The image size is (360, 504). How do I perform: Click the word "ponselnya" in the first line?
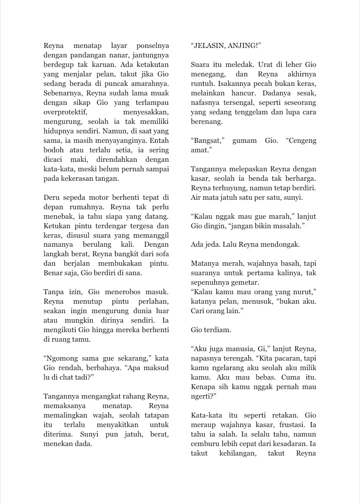pyautogui.click(x=150, y=46)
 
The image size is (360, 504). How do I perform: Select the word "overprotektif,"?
pyautogui.click(x=65, y=112)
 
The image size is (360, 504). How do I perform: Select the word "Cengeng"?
pyautogui.click(x=301, y=141)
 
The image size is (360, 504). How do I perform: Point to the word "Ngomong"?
pyautogui.click(x=62, y=359)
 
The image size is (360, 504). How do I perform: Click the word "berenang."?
pyautogui.click(x=207, y=121)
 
